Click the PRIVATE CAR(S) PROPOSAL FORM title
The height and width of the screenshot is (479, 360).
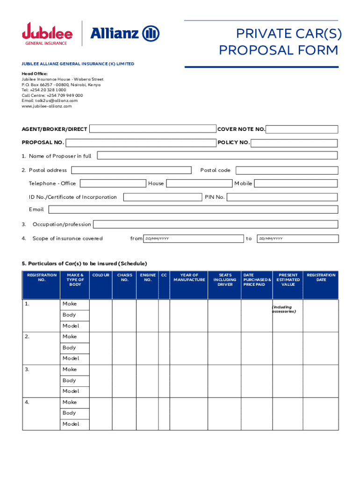tap(279, 42)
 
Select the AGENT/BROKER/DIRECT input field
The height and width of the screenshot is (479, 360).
tap(152, 129)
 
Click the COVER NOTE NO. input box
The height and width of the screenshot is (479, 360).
tap(302, 130)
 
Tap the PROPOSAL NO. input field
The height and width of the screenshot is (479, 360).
tap(141, 143)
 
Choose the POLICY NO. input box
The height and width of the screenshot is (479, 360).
tap(295, 143)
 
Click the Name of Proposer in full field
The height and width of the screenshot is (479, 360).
tap(217, 156)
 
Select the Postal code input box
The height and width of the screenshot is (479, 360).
tap(287, 170)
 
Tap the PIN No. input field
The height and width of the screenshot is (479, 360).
tap(282, 197)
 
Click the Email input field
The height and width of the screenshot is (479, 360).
tap(193, 210)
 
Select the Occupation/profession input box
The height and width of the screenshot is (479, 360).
tap(216, 225)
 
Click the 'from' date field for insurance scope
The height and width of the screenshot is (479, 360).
tap(193, 239)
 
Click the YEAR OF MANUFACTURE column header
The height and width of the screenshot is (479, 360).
tap(189, 277)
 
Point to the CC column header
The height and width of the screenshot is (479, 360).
tap(164, 275)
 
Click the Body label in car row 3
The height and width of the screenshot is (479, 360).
tap(69, 380)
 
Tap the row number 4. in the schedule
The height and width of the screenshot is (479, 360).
tap(28, 402)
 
